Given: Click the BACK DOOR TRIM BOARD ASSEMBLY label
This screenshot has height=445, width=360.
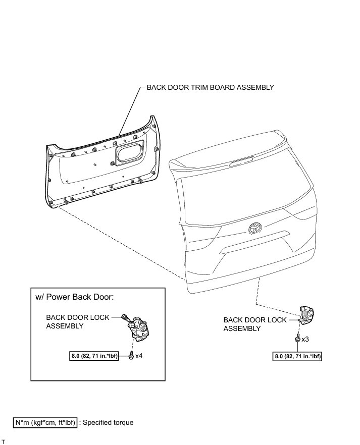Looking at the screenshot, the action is click(x=210, y=87).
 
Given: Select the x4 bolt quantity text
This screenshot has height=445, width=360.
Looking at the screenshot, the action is click(x=139, y=356).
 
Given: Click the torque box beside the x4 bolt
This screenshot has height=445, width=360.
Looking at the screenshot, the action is click(x=96, y=356).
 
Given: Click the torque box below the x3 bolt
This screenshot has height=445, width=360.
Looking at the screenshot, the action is click(x=297, y=356).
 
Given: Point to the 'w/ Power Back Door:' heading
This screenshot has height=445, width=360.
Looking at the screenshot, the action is click(x=75, y=297).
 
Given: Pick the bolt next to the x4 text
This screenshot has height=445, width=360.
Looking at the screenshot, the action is click(x=130, y=356).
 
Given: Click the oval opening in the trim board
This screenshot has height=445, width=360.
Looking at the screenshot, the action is click(x=128, y=153).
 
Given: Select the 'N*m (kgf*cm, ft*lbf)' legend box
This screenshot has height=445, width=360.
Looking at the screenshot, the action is click(x=45, y=422).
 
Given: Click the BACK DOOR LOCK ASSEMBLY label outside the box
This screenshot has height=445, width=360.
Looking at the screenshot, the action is click(x=254, y=324).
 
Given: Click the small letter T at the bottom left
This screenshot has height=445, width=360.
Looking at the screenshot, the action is click(x=3, y=441).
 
